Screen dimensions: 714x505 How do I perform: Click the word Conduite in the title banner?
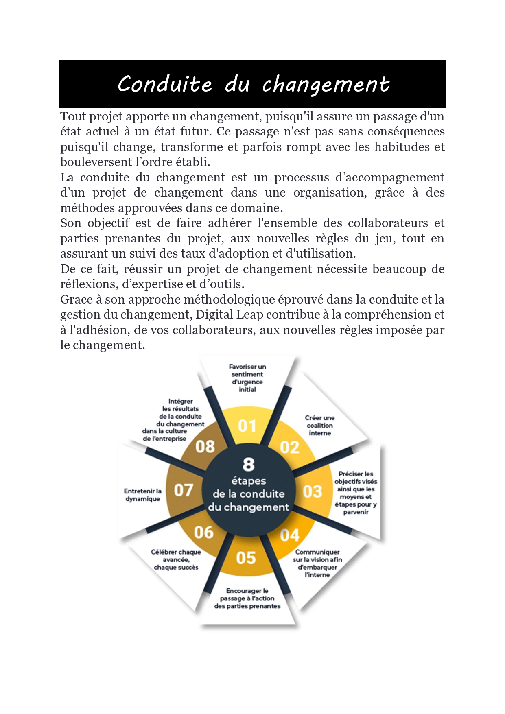click(x=165, y=84)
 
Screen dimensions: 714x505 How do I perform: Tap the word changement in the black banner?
click(x=326, y=85)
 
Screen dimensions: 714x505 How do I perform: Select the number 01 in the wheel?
click(x=247, y=426)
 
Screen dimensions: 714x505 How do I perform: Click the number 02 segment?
click(x=289, y=448)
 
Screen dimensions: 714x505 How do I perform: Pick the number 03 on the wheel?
click(x=312, y=491)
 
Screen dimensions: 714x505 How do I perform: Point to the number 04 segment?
click(x=289, y=535)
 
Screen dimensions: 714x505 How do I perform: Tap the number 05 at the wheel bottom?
click(x=246, y=558)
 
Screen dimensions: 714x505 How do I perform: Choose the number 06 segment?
click(x=203, y=532)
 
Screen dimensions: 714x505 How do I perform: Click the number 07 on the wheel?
click(x=184, y=490)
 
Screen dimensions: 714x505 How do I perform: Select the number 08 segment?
click(x=205, y=447)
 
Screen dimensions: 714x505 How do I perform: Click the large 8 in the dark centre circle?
click(x=248, y=464)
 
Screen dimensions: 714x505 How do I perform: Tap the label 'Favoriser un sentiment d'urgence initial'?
click(x=247, y=378)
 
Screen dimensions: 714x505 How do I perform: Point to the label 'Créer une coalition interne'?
click(x=320, y=426)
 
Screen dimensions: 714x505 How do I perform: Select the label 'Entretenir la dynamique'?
click(x=143, y=495)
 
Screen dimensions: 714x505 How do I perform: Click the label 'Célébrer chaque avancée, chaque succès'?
click(x=176, y=559)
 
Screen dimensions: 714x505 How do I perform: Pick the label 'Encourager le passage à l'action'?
click(x=247, y=598)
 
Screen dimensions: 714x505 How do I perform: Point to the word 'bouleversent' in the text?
click(x=96, y=162)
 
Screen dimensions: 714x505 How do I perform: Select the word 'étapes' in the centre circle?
click(x=248, y=481)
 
